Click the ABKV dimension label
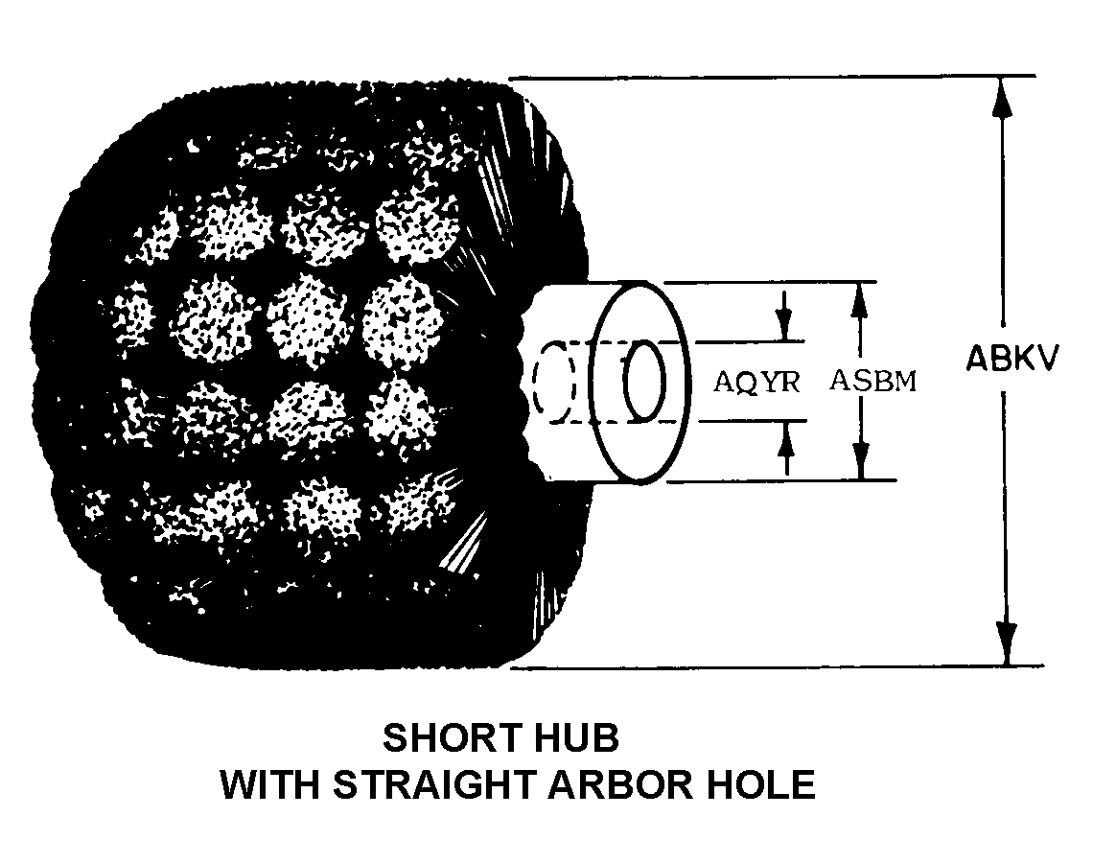(x=1012, y=360)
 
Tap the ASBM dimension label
(x=872, y=381)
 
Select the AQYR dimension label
(x=756, y=382)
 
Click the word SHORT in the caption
(x=444, y=739)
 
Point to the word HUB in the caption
(x=573, y=739)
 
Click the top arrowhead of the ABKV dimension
(x=1004, y=92)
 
